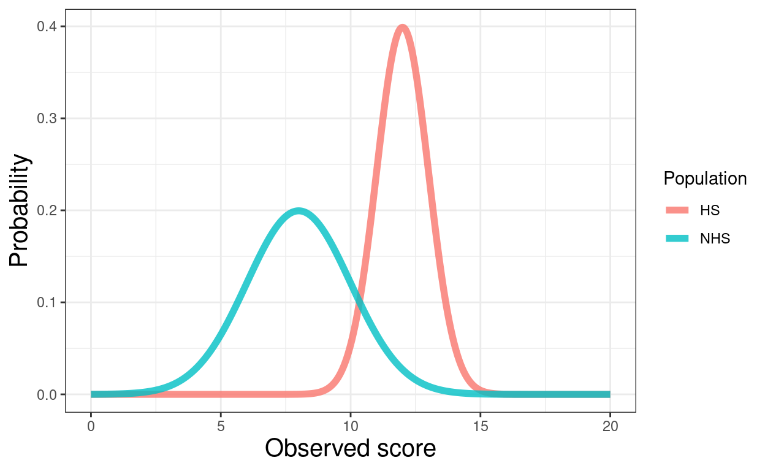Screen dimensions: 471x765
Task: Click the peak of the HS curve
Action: coord(402,28)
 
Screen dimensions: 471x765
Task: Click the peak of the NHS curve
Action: coord(299,211)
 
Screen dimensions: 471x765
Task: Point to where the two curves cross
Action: coord(359,301)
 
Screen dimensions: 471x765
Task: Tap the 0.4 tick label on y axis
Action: coord(46,26)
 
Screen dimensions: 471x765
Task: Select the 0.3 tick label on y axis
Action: coord(46,118)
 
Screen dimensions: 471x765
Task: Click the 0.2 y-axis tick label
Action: coord(46,210)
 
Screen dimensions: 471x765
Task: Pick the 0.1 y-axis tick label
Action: coord(46,302)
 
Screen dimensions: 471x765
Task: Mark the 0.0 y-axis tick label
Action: coord(46,394)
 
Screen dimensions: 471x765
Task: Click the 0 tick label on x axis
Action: coord(91,425)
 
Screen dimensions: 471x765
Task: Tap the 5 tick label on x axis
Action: coord(221,425)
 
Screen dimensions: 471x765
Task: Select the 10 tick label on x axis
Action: coord(351,425)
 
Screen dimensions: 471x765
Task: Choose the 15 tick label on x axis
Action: coord(480,425)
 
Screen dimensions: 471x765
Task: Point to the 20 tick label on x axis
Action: coord(610,425)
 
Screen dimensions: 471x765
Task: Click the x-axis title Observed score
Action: coord(351,449)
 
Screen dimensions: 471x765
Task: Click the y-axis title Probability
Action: coord(20,210)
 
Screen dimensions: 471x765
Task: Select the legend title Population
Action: coord(705,178)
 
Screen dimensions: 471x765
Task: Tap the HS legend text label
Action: coord(709,210)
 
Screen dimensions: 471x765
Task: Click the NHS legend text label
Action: coord(715,239)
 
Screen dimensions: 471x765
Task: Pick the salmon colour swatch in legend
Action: coord(677,210)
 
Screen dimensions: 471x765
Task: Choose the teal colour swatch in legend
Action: coord(677,239)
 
